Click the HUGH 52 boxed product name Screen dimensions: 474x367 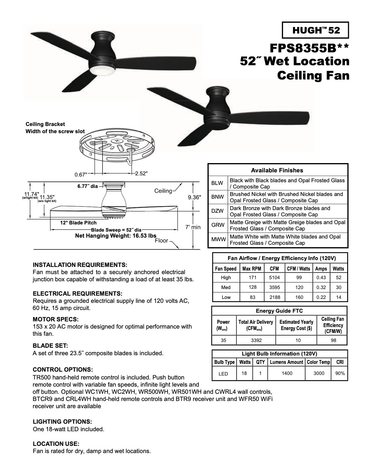click(x=315, y=30)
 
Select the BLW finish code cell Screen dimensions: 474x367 click(x=218, y=183)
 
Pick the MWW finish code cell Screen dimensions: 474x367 click(x=218, y=240)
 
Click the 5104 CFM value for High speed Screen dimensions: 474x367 click(x=274, y=277)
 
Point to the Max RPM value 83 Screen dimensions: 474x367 click(x=252, y=297)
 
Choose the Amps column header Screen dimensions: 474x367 click(x=321, y=268)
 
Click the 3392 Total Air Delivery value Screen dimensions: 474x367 click(x=256, y=340)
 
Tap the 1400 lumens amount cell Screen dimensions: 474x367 click(x=287, y=373)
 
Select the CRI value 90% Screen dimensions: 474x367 click(x=340, y=373)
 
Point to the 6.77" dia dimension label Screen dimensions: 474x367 click(x=88, y=186)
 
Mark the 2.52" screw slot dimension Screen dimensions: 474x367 click(x=141, y=174)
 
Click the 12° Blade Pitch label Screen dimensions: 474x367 click(x=78, y=223)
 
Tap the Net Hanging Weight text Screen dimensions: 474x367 click(x=115, y=236)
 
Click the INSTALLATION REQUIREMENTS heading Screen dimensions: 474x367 click(x=80, y=265)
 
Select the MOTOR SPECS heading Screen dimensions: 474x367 click(x=55, y=319)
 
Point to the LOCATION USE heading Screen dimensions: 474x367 click(x=56, y=443)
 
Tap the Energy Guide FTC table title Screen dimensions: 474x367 click(x=279, y=311)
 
